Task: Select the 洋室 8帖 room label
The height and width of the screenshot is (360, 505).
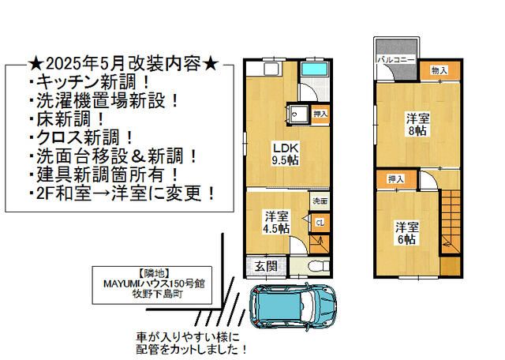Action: (418, 125)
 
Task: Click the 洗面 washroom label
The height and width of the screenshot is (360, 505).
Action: (319, 201)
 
